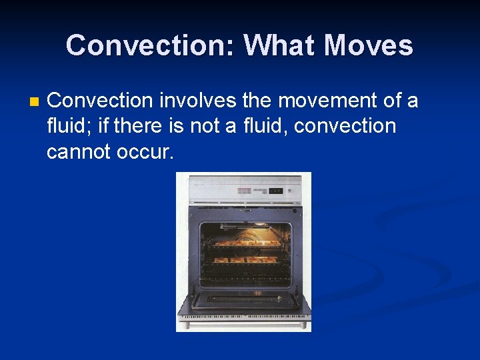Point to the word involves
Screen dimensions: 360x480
197,101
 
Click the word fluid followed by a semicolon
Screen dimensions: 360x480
69,126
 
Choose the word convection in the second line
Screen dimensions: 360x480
345,126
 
